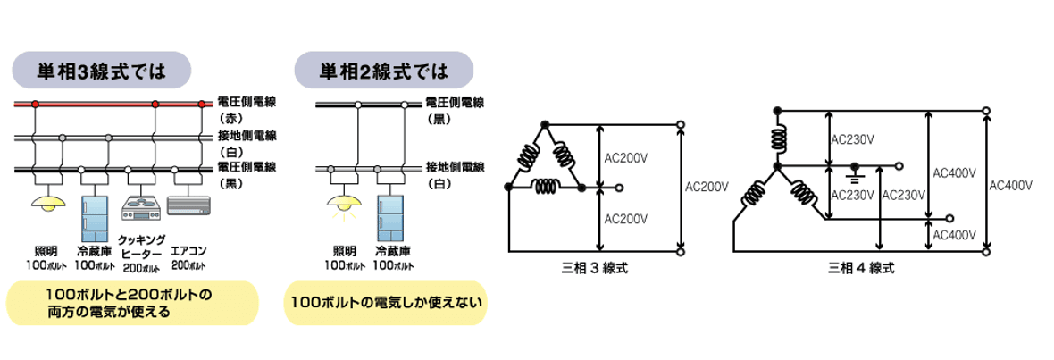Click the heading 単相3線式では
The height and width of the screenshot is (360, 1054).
101,70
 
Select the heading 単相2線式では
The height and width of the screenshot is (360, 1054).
383,70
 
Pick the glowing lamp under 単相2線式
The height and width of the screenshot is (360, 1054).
343,205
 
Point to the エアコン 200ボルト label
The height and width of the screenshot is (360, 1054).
188,260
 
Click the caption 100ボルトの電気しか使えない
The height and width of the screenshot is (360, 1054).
386,303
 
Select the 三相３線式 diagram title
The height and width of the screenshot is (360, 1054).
592,267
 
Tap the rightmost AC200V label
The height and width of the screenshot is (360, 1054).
707,188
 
